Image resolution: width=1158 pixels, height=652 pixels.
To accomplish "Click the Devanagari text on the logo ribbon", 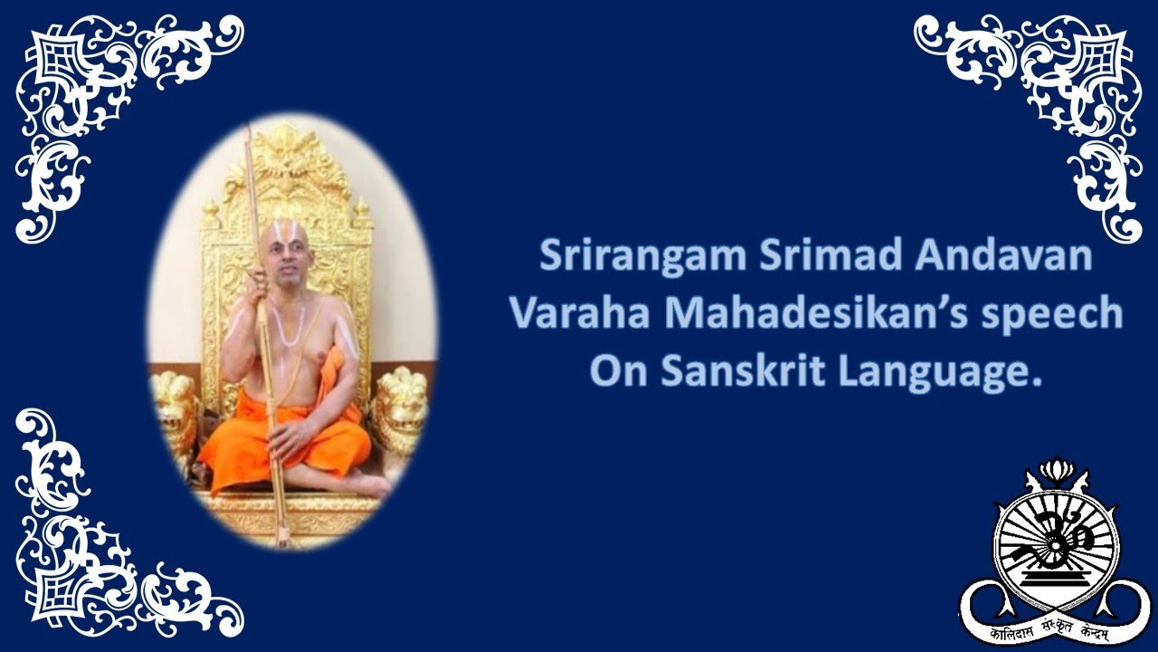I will (x=1054, y=626).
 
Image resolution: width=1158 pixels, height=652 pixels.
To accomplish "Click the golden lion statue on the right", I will (x=399, y=407).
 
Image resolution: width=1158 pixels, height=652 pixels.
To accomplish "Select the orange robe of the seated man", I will (x=289, y=435).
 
